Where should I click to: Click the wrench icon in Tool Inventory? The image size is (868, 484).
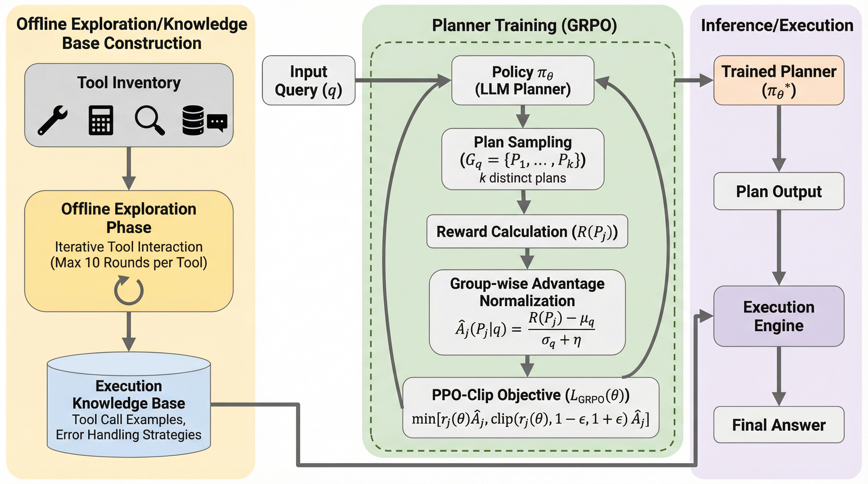click(x=52, y=120)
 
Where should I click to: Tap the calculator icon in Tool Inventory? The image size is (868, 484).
click(x=101, y=120)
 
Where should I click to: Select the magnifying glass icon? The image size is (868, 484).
click(x=149, y=120)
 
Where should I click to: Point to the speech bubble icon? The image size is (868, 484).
click(x=217, y=122)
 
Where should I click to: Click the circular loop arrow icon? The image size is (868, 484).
click(x=129, y=291)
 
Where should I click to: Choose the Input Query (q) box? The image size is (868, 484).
click(x=308, y=80)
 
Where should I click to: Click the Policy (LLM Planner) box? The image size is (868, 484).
click(x=523, y=80)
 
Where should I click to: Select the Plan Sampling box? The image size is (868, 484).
click(x=523, y=159)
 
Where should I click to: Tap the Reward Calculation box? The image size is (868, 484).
click(x=527, y=232)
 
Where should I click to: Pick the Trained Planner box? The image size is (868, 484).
click(x=779, y=80)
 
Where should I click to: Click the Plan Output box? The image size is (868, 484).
click(x=779, y=191)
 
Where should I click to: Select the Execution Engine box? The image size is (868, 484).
click(x=779, y=316)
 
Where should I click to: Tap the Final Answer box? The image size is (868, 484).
click(x=779, y=425)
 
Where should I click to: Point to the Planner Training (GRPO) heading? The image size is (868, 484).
click(x=524, y=25)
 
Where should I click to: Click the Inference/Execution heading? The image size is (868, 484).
click(x=777, y=25)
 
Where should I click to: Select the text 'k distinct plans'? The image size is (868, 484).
click(x=523, y=178)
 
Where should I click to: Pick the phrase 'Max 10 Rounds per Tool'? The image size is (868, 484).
click(x=129, y=263)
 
